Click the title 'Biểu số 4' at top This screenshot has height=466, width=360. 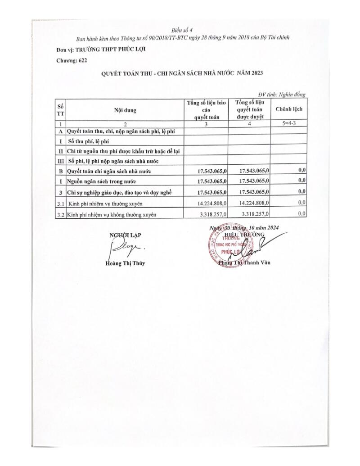(x=185, y=30)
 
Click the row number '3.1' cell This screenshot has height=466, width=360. (x=60, y=204)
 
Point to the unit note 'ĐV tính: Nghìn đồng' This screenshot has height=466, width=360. (x=283, y=95)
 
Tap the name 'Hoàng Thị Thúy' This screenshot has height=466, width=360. (x=122, y=263)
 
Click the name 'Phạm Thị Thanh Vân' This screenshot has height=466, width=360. (x=246, y=263)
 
